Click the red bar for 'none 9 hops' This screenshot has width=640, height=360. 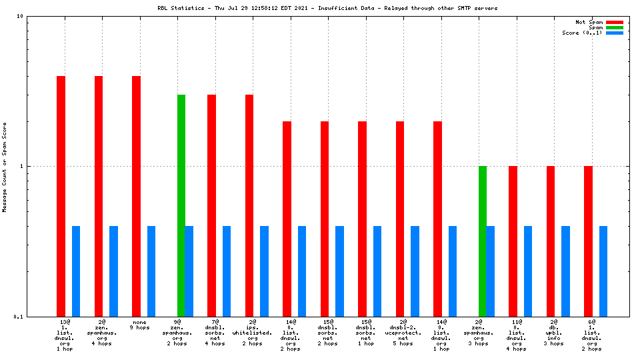click(x=136, y=196)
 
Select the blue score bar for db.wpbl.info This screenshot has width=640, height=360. click(x=565, y=271)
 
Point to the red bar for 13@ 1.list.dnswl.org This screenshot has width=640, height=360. click(x=61, y=196)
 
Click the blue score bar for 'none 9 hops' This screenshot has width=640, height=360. click(x=151, y=271)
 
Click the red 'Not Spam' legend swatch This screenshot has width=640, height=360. click(x=614, y=22)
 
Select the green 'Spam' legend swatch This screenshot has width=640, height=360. click(x=614, y=27)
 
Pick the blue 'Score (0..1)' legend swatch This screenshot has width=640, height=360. click(x=614, y=33)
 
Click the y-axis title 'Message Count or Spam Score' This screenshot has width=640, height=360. click(x=5, y=167)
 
